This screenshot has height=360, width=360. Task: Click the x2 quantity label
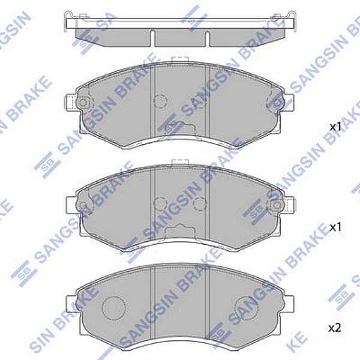tap(335, 328)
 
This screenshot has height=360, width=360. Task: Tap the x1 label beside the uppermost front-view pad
tap(335, 127)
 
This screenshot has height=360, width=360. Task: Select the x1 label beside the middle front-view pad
tap(335, 227)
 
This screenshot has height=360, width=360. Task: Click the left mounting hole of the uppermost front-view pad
tap(83, 103)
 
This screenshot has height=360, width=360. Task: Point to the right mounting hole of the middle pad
tap(276, 205)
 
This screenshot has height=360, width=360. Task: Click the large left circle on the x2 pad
tap(112, 307)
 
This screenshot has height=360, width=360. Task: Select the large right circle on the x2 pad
tap(246, 307)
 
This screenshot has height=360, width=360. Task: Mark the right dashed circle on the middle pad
tap(200, 204)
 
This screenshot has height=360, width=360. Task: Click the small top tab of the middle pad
tap(179, 163)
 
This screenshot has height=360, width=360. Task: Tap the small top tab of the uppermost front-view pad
tap(179, 59)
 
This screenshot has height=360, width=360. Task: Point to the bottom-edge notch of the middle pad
tap(179, 230)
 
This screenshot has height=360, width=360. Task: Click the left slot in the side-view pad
tap(152, 37)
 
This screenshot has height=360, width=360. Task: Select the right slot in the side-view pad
tap(207, 37)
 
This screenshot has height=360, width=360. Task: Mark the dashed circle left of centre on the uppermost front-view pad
tap(160, 101)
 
